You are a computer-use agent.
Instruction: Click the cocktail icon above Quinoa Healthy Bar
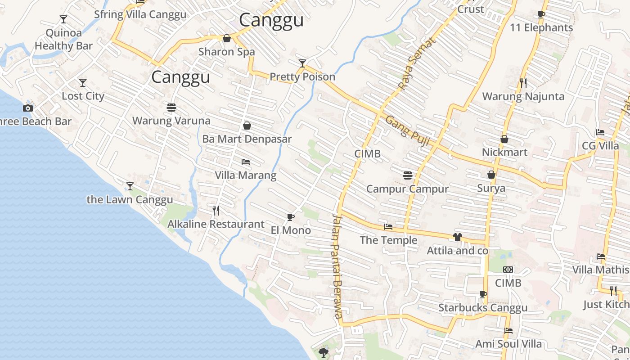point(63,19)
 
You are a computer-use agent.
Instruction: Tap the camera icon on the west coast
point(28,108)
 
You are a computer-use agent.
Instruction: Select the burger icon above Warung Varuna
point(171,108)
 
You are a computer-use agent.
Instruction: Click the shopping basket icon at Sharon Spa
point(227,38)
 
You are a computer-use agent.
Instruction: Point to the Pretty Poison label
point(302,76)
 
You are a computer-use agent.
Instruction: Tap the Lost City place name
point(83,96)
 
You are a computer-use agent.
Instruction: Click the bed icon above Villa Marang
point(246,162)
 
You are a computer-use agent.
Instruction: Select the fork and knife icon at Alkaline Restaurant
point(216,210)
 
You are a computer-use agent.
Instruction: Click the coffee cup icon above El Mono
point(291,217)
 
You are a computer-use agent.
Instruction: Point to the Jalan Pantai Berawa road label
point(337,265)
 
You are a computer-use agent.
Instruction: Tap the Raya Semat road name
point(417,64)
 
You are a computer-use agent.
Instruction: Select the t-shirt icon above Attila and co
point(458,237)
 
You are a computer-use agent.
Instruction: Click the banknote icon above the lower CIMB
point(508,270)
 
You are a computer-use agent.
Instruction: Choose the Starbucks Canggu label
point(483,308)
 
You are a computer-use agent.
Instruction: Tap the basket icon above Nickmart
point(504,139)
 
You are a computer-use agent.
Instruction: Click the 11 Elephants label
point(541,27)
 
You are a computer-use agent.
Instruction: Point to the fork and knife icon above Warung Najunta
point(523,83)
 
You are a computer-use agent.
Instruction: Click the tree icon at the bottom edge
point(323,352)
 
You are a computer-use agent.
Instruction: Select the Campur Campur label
point(407,189)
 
